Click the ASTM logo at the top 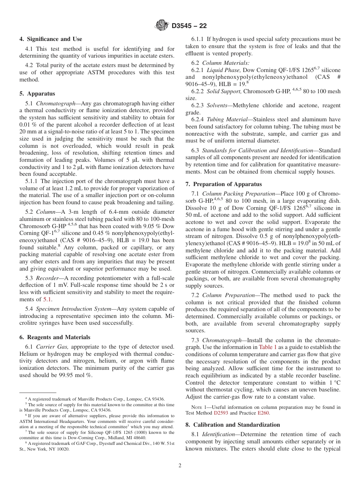click(x=162, y=26)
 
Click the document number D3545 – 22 click(x=189, y=26)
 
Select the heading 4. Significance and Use click(x=51, y=39)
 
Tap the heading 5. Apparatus click(x=37, y=94)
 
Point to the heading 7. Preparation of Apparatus click(x=223, y=184)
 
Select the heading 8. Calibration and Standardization click(x=232, y=425)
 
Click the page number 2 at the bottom click(x=180, y=466)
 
